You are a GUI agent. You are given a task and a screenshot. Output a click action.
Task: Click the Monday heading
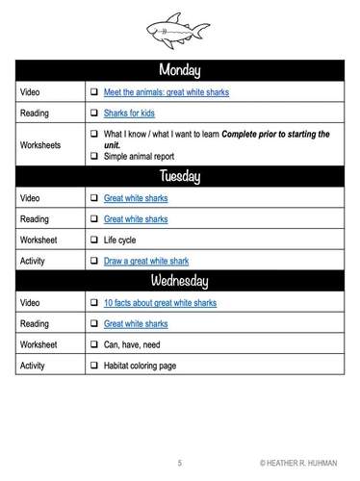[x=180, y=71]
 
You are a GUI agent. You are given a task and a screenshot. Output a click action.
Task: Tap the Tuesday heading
[x=180, y=176]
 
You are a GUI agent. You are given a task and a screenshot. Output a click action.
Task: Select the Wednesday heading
[x=180, y=281]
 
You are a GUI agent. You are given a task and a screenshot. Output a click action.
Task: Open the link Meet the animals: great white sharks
[x=166, y=92]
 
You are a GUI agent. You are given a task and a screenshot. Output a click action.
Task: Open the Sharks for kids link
[x=131, y=113]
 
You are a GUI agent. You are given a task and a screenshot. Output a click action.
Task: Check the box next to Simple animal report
[x=94, y=155]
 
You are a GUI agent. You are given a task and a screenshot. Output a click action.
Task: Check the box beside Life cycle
[x=94, y=240]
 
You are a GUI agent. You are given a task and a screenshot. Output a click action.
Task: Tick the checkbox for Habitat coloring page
[x=94, y=366]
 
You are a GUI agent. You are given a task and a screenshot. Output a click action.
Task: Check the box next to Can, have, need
[x=94, y=344]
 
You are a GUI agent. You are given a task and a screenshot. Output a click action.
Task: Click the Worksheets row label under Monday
[x=41, y=144]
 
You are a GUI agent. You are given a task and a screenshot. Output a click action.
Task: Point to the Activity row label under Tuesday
[x=34, y=260]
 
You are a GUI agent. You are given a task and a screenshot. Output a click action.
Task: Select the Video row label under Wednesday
[x=31, y=302]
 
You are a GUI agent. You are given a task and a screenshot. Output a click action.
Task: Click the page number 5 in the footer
[x=179, y=463]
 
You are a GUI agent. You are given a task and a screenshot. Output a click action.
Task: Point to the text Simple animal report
[x=139, y=155]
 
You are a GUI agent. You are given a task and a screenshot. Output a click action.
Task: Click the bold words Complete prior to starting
[x=274, y=134]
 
